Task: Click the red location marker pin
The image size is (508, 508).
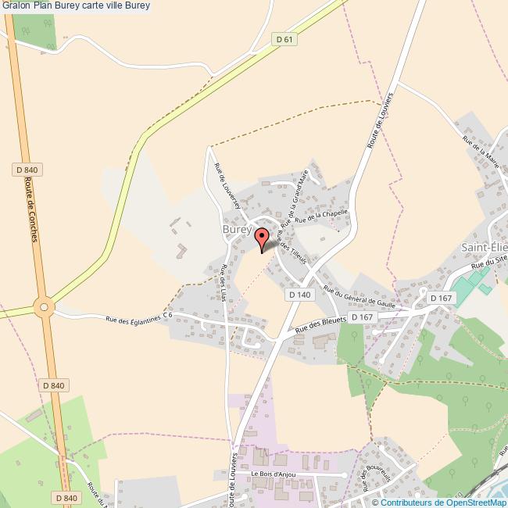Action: click(263, 237)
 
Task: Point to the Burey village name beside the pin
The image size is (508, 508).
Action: click(236, 230)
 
